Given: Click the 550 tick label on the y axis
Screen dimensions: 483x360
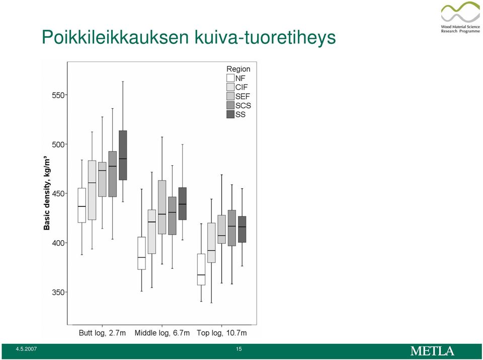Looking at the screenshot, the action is pos(58,95).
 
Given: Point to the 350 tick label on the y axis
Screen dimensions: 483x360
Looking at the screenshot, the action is pos(58,292).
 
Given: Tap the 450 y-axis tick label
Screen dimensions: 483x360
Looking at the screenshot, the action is pos(58,193).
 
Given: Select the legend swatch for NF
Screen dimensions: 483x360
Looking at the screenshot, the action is pos(230,78).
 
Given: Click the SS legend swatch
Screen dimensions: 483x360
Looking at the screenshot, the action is pos(230,114).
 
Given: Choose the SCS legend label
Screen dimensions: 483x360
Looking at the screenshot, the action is pos(244,105).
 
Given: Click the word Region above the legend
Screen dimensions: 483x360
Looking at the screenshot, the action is pos(238,69).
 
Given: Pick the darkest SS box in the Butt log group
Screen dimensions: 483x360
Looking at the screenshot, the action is pos(123,156).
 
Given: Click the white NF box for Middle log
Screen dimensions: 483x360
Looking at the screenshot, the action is pos(142,253).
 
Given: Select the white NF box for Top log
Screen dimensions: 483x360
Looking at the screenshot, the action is pos(201,269).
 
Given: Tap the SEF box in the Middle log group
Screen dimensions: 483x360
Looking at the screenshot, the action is pos(162,207).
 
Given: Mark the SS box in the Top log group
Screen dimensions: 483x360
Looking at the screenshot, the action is pos(242,229).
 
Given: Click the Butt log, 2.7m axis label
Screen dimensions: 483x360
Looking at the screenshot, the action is pos(102,333).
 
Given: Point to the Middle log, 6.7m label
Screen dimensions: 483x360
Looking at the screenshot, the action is pos(162,333).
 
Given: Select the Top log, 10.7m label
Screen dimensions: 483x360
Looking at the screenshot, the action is pos(222,333).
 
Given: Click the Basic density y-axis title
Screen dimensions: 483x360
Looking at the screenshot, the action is pos(47,193).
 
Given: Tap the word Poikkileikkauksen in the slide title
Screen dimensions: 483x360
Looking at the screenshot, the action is pos(115,37).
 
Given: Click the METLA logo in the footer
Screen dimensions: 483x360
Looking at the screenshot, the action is pos(432,351).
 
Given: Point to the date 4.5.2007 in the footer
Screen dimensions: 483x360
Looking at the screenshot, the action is pos(27,349).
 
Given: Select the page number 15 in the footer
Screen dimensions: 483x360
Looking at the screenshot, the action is pos(238,349).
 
